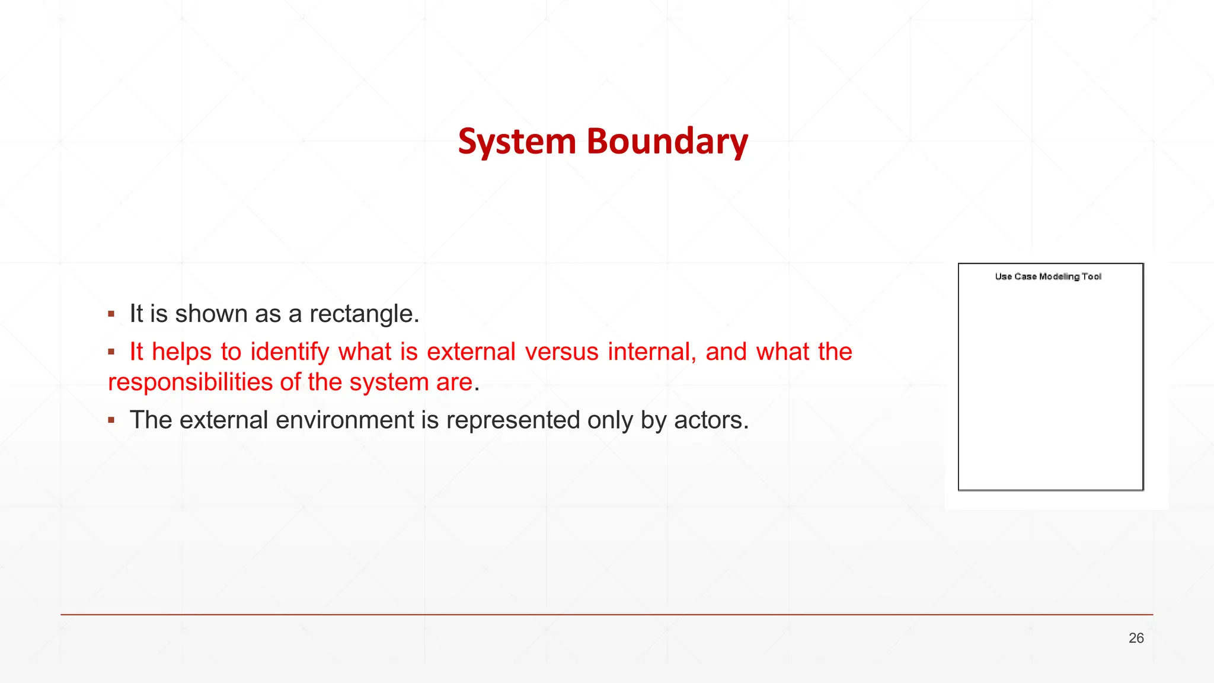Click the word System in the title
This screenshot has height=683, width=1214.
click(517, 142)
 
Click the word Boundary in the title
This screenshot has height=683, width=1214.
click(667, 142)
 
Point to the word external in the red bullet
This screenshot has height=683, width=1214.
click(471, 352)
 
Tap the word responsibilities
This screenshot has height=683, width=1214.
click(190, 382)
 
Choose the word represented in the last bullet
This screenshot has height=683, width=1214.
click(513, 420)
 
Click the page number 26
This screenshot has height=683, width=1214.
click(1136, 638)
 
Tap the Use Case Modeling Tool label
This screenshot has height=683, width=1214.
click(1048, 276)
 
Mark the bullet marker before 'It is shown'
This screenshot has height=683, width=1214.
click(111, 314)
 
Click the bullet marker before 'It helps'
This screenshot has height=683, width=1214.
click(111, 352)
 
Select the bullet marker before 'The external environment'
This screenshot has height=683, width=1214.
click(111, 420)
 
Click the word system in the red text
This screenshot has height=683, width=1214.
click(389, 382)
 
